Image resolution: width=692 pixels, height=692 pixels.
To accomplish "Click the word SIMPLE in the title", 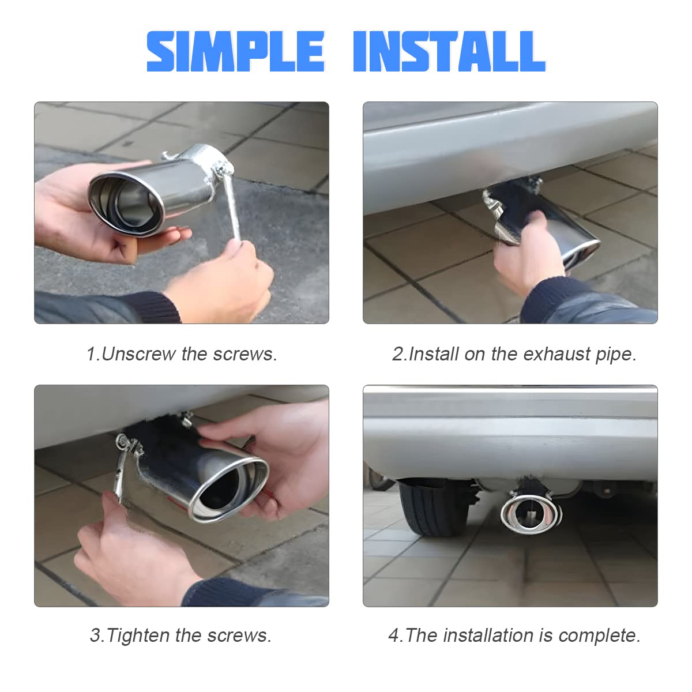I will [x=235, y=52].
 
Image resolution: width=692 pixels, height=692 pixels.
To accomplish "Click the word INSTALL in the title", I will [x=449, y=52].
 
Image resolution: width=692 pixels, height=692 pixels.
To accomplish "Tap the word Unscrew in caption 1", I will [x=138, y=353].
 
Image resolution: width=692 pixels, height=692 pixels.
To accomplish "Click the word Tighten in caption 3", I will [x=138, y=635].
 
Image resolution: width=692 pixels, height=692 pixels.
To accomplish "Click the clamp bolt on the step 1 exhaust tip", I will [x=221, y=169].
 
